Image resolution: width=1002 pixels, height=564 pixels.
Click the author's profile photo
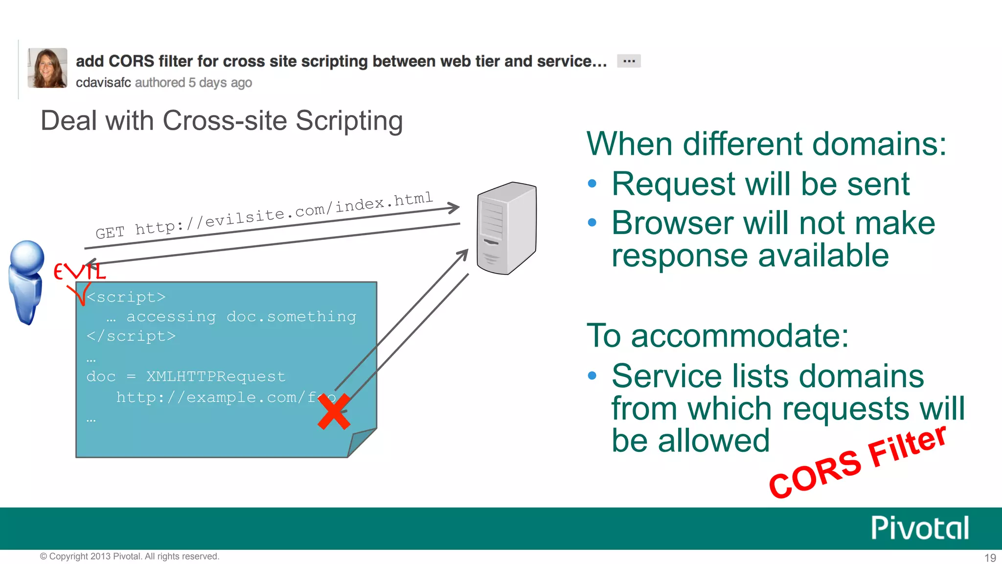pos(47,68)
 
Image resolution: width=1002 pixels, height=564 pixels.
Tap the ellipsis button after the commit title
pos(629,61)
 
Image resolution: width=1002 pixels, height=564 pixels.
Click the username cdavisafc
pos(103,83)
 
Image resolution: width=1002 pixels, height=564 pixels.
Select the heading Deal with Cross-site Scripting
pos(222,120)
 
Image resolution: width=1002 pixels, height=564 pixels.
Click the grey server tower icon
pos(506,228)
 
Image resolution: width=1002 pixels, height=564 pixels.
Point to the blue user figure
pos(26,282)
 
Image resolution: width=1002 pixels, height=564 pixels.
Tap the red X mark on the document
pos(334,412)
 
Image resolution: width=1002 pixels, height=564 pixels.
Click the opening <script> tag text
pos(126,297)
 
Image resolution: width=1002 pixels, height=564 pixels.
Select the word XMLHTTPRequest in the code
pos(216,376)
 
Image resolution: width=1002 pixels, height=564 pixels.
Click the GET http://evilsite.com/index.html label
pos(264,215)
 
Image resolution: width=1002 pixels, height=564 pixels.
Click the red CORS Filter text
pos(857,462)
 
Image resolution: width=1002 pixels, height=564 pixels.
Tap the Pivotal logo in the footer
pos(920,528)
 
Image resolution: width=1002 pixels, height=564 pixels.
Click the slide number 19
pos(990,558)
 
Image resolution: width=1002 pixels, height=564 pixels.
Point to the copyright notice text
pos(130,557)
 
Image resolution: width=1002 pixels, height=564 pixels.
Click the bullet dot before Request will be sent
pos(592,184)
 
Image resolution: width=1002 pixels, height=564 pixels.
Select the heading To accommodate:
pos(717,336)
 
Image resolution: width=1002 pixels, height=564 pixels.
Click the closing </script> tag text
pos(131,336)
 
